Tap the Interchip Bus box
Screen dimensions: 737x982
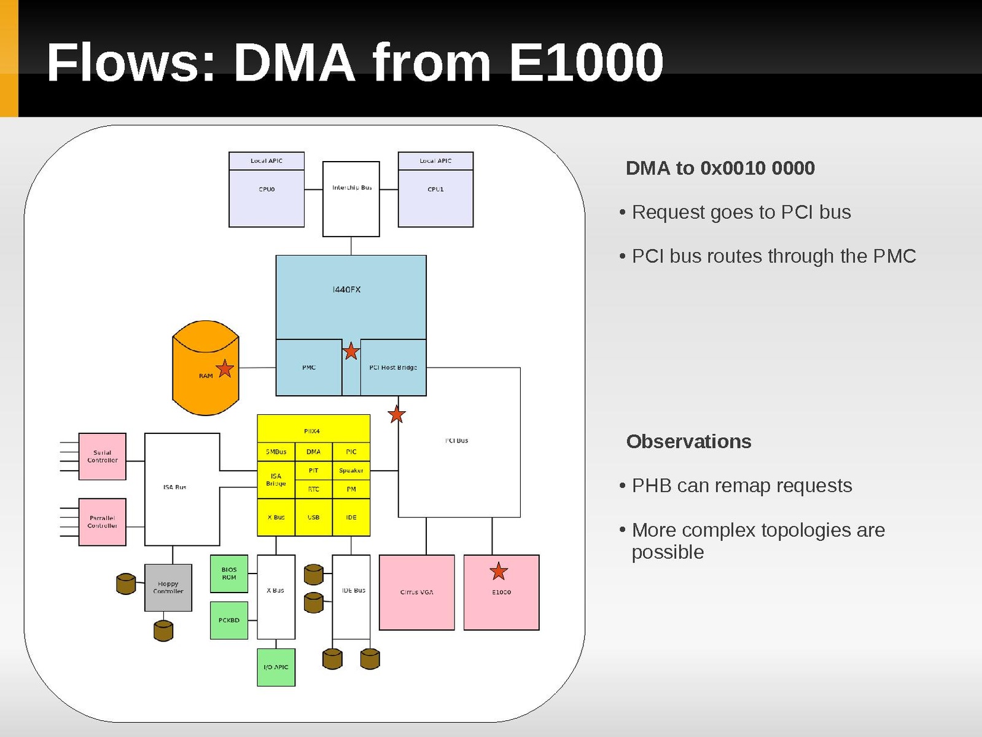tap(351, 199)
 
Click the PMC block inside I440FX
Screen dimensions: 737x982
tap(309, 368)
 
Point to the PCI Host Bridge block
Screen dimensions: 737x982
tap(393, 368)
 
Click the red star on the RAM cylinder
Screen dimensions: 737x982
tap(225, 368)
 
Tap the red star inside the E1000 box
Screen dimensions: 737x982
tap(499, 572)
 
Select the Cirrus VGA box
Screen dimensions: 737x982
tap(417, 593)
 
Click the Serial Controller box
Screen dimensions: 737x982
tap(103, 457)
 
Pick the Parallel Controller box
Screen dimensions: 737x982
tap(103, 522)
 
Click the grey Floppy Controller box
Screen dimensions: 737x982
tap(168, 588)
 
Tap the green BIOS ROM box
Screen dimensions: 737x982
tap(229, 573)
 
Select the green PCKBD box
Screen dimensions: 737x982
tap(229, 620)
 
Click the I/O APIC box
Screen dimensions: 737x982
tap(276, 668)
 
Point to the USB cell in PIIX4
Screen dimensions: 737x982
tap(314, 518)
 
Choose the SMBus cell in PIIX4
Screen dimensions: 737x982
tap(276, 452)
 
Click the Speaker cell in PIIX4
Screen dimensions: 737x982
tap(351, 471)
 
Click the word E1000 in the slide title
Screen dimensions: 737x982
tap(586, 63)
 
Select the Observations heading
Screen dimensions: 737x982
tap(688, 441)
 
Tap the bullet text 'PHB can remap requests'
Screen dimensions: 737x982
tap(742, 486)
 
